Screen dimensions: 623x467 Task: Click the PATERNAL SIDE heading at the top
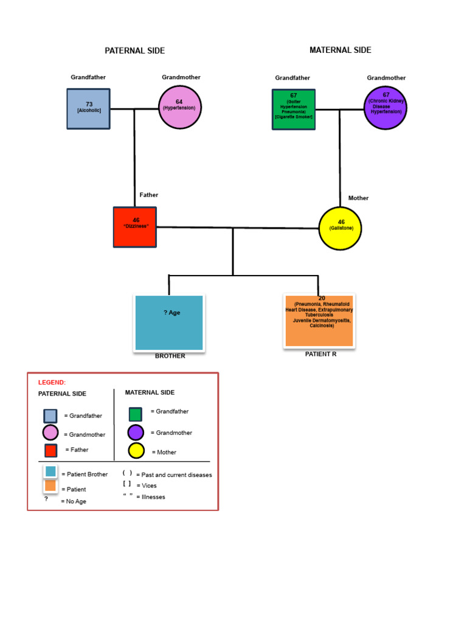134,50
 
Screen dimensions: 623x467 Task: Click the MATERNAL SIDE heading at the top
340,50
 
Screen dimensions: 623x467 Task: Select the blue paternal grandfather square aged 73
89,109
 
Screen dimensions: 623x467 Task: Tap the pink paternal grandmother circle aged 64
179,107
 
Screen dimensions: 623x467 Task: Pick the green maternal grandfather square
294,109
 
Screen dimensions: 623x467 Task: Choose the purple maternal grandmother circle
386,108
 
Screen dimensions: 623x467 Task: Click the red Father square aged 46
135,227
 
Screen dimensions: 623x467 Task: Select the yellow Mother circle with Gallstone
341,228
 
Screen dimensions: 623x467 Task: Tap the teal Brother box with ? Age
169,322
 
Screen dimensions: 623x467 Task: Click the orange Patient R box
319,321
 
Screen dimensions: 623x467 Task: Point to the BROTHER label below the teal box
170,356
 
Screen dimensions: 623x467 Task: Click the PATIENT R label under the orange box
320,353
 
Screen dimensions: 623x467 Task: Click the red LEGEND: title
52,383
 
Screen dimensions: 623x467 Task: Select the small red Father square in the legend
50,450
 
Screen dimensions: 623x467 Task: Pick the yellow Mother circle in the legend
136,451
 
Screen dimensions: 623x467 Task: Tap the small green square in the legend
136,414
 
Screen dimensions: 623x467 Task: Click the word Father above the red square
149,195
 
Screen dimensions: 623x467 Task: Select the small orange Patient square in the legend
50,486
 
